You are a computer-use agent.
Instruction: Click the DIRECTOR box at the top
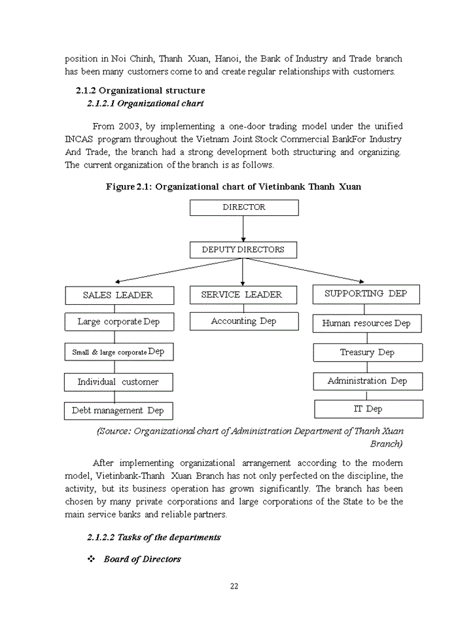pyautogui.click(x=243, y=207)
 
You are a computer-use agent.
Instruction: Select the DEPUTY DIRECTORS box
pyautogui.click(x=243, y=250)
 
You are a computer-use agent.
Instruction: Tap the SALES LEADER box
pyautogui.click(x=119, y=296)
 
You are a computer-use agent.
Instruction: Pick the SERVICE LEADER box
pyautogui.click(x=243, y=295)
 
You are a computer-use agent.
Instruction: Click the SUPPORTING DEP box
pyautogui.click(x=366, y=294)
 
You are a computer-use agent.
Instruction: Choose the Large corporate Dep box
pyautogui.click(x=118, y=322)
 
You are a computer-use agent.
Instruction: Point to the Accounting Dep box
pyautogui.click(x=243, y=321)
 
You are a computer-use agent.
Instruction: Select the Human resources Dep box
pyautogui.click(x=366, y=323)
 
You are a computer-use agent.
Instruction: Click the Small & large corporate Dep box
pyautogui.click(x=118, y=352)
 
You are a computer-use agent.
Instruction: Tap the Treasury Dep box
pyautogui.click(x=367, y=353)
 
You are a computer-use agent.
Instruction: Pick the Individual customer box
pyautogui.click(x=118, y=382)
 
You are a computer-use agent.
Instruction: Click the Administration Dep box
pyautogui.click(x=367, y=381)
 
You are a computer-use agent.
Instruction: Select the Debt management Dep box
pyautogui.click(x=118, y=411)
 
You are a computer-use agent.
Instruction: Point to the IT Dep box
pyautogui.click(x=368, y=410)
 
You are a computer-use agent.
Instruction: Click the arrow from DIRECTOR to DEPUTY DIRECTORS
pyautogui.click(x=243, y=228)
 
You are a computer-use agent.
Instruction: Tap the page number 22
pyautogui.click(x=234, y=586)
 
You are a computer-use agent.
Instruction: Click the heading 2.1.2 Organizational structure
pyautogui.click(x=140, y=91)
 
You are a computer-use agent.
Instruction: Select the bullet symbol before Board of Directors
pyautogui.click(x=92, y=559)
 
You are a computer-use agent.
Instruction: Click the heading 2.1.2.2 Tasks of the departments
pyautogui.click(x=154, y=537)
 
